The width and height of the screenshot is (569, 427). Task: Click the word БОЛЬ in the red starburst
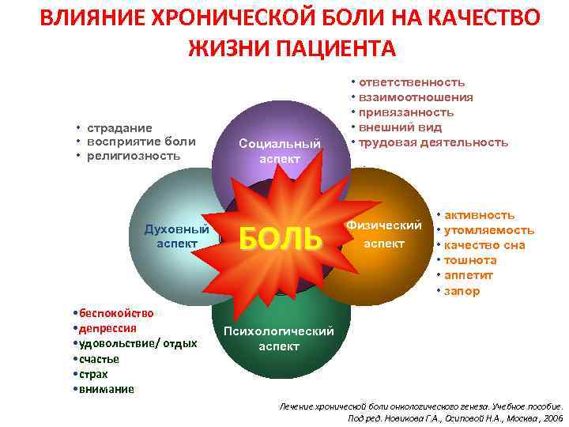click(281, 238)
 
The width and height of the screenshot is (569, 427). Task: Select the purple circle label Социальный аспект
click(280, 150)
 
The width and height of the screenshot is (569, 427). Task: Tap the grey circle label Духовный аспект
click(175, 236)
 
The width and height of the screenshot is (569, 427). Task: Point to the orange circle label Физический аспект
click(383, 235)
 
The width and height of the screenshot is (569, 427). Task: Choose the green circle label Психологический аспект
click(279, 338)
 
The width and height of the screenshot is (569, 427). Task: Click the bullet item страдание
click(119, 127)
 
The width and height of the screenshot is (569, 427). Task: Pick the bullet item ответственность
click(412, 82)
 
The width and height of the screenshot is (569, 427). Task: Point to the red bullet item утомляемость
click(490, 230)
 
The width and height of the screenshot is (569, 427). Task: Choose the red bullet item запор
click(462, 291)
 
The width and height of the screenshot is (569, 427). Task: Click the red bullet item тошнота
click(471, 260)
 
